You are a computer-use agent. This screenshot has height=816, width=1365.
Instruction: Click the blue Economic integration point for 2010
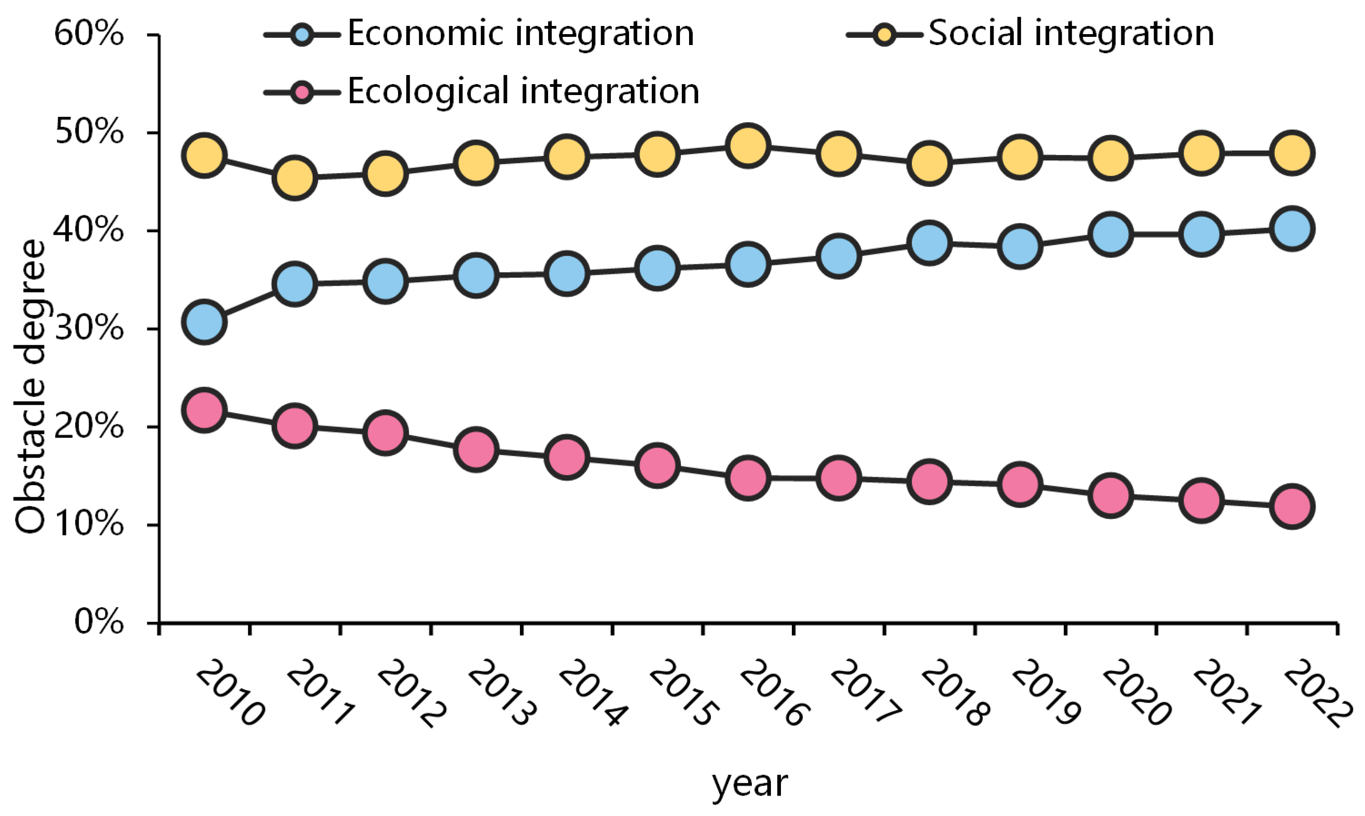(x=205, y=322)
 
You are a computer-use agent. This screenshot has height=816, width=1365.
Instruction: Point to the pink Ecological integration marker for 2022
(x=1292, y=506)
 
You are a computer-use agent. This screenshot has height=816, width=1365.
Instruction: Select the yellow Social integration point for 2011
(x=295, y=177)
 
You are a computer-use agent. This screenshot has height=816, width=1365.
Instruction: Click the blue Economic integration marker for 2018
(x=929, y=242)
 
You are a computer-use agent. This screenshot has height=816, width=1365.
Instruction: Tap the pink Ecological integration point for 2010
(x=205, y=410)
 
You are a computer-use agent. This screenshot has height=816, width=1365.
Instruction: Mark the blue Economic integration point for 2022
(x=1292, y=229)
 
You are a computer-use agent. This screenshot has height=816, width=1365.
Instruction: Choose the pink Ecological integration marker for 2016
(x=747, y=477)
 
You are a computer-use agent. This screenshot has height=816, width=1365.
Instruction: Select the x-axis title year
(x=750, y=784)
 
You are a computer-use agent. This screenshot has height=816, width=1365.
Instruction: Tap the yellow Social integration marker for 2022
(x=1292, y=153)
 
